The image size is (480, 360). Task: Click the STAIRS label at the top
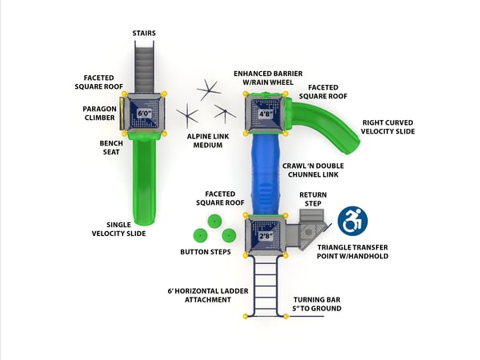click(x=144, y=33)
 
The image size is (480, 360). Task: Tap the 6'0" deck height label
click(x=145, y=114)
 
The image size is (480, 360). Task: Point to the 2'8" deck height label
click(x=265, y=236)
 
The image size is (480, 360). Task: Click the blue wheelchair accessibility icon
click(x=352, y=222)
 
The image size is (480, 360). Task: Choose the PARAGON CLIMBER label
click(x=100, y=113)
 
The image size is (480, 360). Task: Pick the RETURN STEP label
click(x=313, y=199)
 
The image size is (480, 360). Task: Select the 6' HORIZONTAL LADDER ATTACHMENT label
click(x=200, y=294)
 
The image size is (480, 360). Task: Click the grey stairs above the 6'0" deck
click(x=144, y=64)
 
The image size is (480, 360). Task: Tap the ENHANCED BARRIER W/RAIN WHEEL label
click(x=267, y=78)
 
